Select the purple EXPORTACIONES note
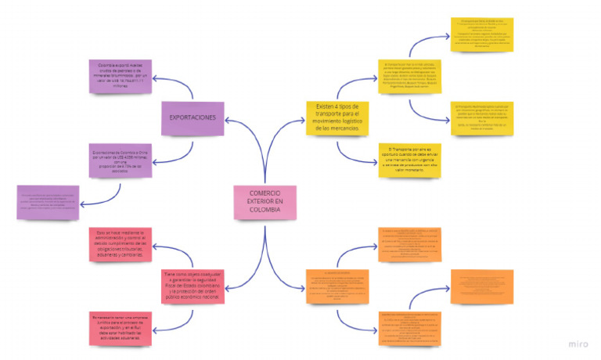tap(193, 117)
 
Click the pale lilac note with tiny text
tap(48, 201)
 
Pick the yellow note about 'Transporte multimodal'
tap(484, 117)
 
